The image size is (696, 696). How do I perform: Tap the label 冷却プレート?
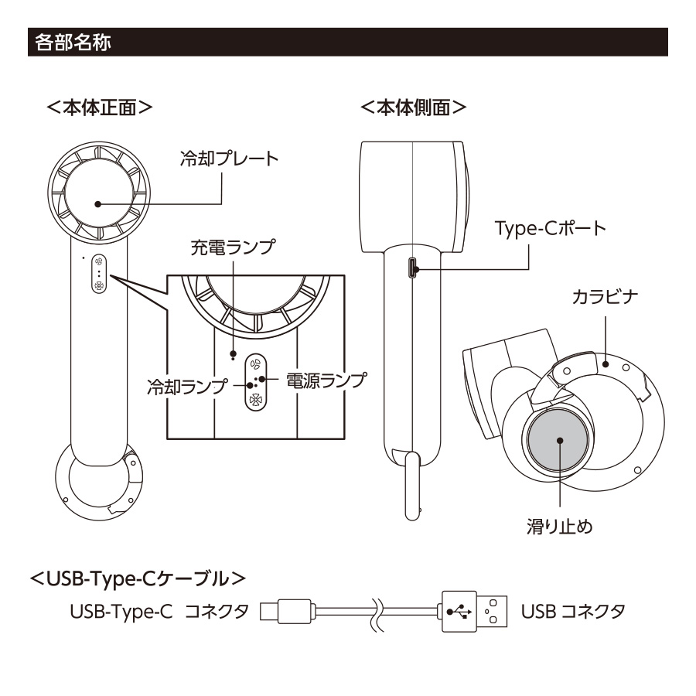pos(228,159)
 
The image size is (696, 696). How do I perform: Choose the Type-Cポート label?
pos(550,229)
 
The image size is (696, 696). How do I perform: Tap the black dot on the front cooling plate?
pos(98,205)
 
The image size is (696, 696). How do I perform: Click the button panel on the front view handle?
pos(99,274)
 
